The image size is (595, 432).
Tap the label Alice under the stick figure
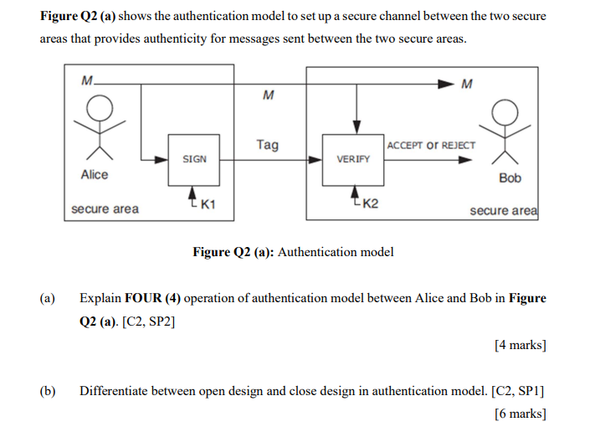(x=95, y=175)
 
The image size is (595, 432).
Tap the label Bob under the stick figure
(x=510, y=178)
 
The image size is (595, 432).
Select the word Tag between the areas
(x=267, y=145)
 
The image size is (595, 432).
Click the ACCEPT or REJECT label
(x=431, y=145)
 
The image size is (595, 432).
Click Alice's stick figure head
(x=100, y=108)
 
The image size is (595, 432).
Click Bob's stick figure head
(x=504, y=111)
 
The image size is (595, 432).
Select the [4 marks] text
(x=520, y=344)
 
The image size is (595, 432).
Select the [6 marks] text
(x=520, y=414)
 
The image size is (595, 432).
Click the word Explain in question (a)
(x=100, y=298)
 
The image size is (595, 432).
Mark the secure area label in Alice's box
(x=105, y=209)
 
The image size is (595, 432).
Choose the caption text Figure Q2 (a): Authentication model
(x=293, y=251)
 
